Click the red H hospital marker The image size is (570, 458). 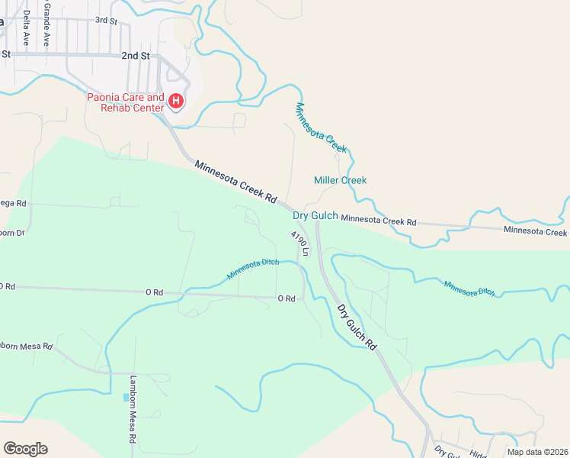(x=176, y=101)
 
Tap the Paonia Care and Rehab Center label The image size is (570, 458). (x=126, y=102)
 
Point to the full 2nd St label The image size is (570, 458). (x=135, y=56)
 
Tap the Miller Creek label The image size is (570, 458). (x=340, y=180)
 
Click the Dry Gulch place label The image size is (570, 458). (x=315, y=216)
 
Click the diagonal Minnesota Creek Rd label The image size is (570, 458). (x=235, y=181)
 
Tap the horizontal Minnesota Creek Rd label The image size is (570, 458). (x=379, y=221)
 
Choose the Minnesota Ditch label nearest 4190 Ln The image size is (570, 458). (x=253, y=269)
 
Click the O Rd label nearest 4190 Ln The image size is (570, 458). (x=286, y=298)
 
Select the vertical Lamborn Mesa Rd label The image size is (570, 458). (x=133, y=409)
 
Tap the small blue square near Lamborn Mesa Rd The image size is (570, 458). (x=126, y=397)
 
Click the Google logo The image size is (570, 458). (x=25, y=449)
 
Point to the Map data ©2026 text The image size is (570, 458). (x=537, y=452)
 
